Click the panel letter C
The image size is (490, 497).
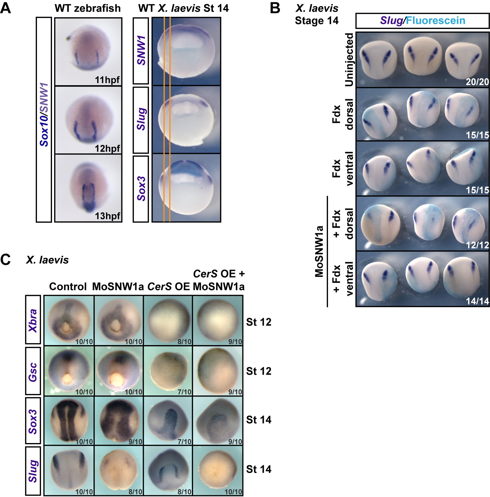tap(6, 260)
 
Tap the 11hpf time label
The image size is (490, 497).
tap(107, 80)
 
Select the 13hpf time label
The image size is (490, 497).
tap(107, 216)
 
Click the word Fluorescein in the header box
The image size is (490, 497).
tap(435, 20)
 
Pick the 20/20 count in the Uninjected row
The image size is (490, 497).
tap(477, 82)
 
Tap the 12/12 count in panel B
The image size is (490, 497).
tap(477, 245)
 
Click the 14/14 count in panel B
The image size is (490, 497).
tap(477, 301)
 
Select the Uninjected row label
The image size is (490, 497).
tap(349, 60)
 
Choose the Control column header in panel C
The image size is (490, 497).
tap(68, 287)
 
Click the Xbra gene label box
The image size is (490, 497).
tap(33, 320)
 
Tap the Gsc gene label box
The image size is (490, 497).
tap(33, 371)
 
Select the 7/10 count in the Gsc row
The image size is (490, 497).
tap(184, 392)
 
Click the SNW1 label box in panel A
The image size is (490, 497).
tap(141, 51)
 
